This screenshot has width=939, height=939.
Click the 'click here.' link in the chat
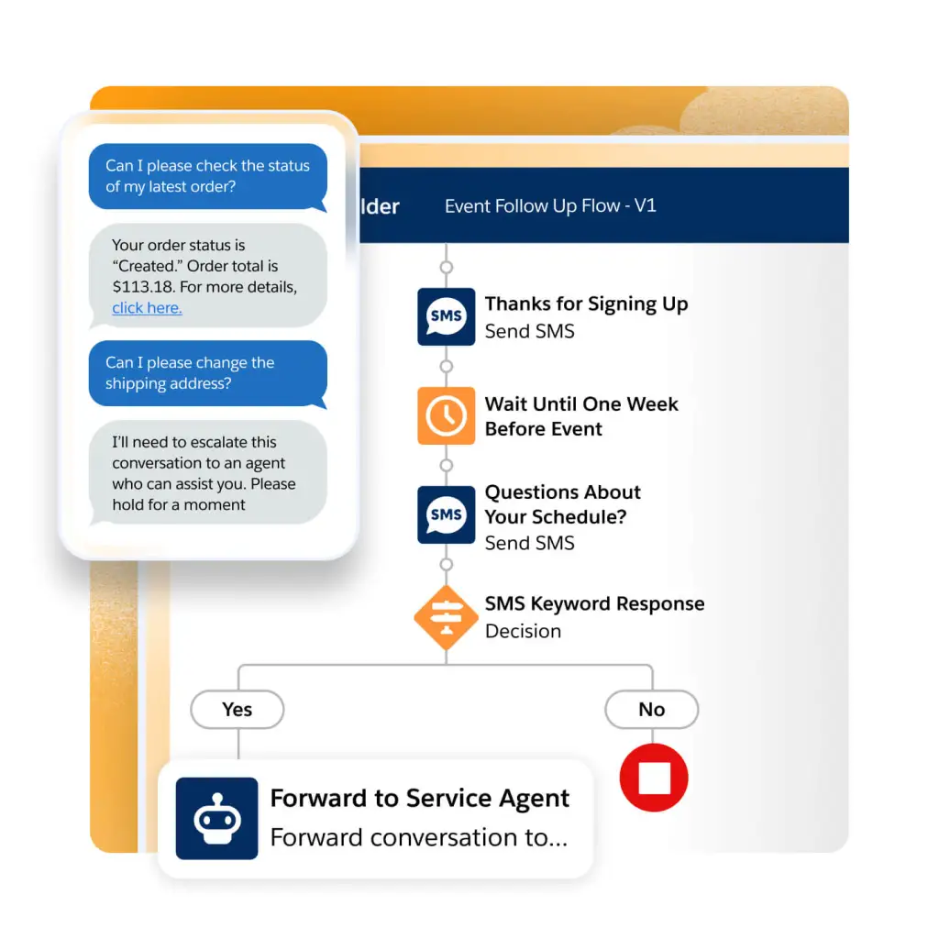(147, 308)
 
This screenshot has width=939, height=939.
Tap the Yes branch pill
(238, 710)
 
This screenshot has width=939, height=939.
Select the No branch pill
(652, 710)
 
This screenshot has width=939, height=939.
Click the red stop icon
(654, 778)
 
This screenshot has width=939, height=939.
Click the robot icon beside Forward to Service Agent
(216, 818)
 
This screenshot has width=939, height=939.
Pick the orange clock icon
(447, 415)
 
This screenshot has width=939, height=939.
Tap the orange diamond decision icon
(447, 617)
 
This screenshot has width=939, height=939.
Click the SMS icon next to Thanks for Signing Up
(447, 316)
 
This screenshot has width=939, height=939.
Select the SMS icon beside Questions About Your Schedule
(447, 514)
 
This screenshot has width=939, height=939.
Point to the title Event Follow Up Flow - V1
(550, 206)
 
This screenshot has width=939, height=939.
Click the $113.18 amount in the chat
(142, 287)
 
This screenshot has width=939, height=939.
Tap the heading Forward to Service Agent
(419, 799)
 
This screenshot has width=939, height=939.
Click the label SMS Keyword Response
(594, 603)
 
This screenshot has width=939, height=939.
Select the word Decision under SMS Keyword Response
(523, 631)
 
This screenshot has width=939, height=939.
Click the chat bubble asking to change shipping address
(208, 374)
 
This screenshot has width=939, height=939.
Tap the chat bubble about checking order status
(208, 177)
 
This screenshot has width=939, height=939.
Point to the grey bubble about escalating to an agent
(208, 472)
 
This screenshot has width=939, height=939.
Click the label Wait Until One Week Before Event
(581, 416)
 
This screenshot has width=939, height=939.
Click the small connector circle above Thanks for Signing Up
(447, 267)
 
